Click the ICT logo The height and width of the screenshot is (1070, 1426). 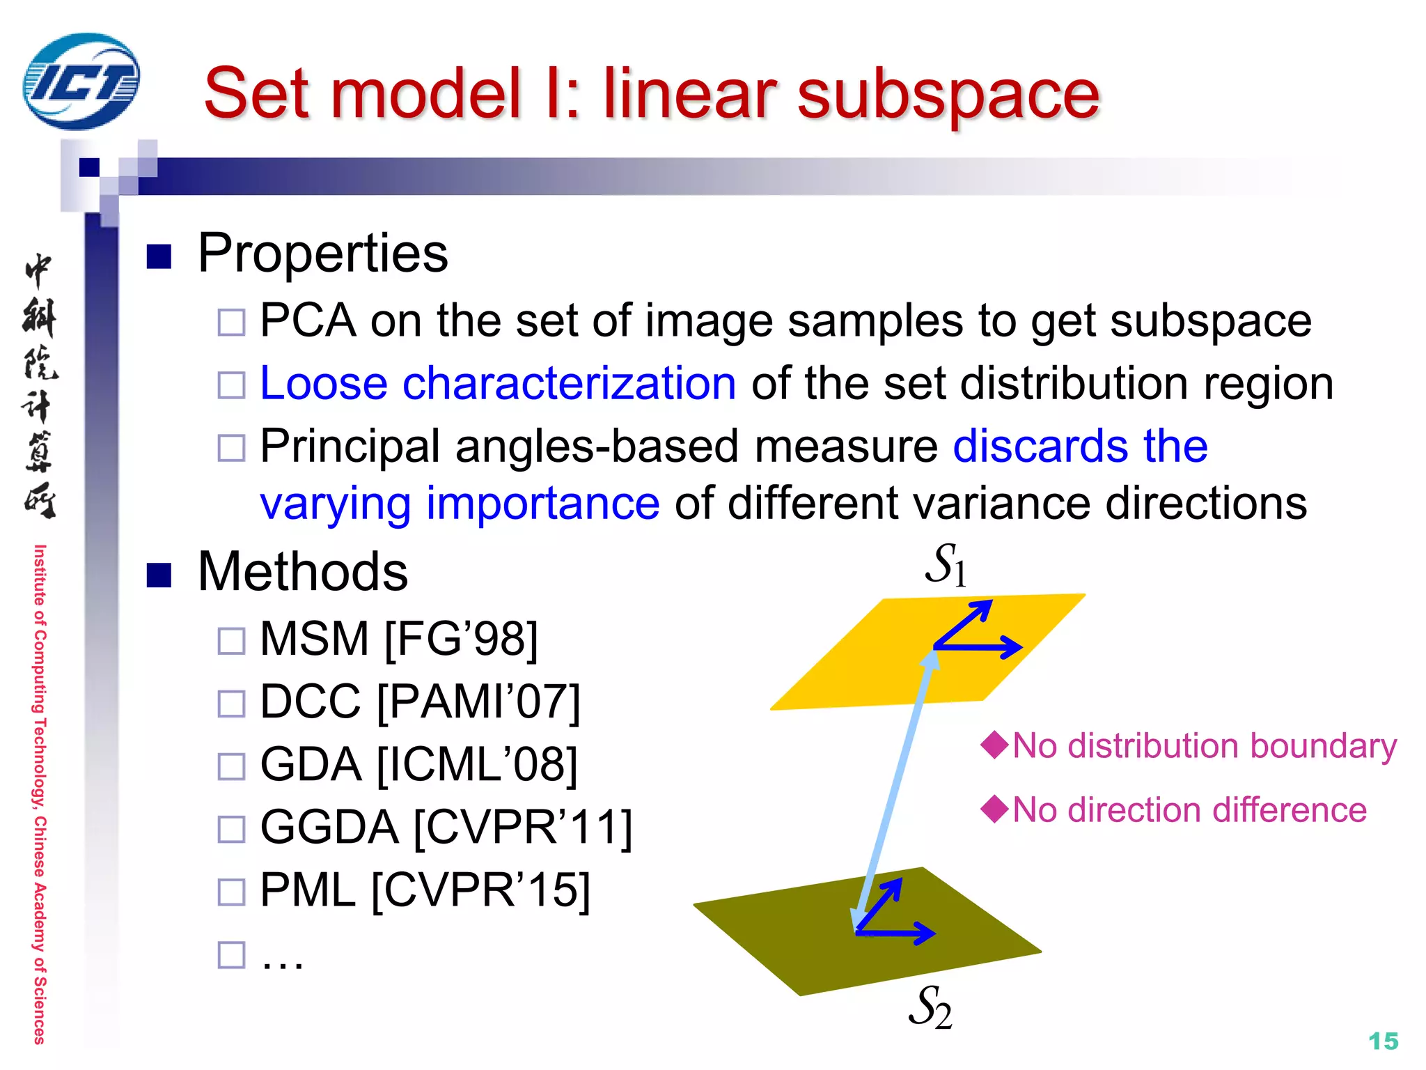(x=81, y=82)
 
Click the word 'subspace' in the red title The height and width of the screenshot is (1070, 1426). (x=948, y=94)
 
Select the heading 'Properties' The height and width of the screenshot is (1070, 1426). (x=322, y=253)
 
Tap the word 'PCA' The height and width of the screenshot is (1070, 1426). (x=308, y=321)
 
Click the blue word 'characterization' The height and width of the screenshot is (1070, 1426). (x=568, y=384)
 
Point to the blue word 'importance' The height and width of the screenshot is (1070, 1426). (x=542, y=504)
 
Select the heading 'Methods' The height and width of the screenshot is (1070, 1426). (x=302, y=572)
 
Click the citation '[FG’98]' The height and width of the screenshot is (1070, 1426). (x=461, y=639)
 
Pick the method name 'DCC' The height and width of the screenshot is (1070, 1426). (x=311, y=701)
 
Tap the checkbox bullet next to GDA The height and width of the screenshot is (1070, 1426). (x=231, y=766)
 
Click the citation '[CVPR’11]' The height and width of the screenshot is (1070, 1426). (x=522, y=828)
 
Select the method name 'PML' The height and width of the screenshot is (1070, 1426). (x=307, y=891)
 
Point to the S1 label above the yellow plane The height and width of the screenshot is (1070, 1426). (x=946, y=564)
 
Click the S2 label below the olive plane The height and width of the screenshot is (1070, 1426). (x=930, y=1007)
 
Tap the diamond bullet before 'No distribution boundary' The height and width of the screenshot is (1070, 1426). (x=994, y=745)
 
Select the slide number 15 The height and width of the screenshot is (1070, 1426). (x=1383, y=1041)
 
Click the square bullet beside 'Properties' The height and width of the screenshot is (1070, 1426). (x=159, y=256)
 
